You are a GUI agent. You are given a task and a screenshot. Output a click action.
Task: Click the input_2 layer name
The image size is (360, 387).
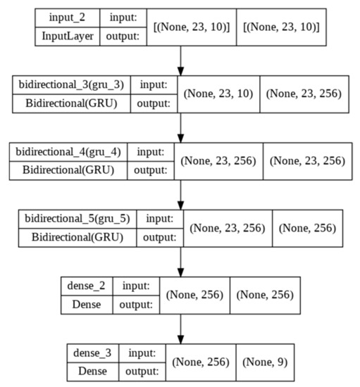click(x=68, y=17)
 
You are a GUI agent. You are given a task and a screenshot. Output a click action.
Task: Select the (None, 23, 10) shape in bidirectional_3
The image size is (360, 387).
click(x=219, y=94)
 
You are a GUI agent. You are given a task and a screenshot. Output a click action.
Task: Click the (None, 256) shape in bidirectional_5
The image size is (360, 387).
click(x=308, y=229)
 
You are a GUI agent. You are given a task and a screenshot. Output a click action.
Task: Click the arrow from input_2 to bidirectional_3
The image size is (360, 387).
click(x=181, y=60)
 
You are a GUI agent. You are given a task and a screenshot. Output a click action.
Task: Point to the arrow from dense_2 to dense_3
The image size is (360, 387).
click(x=181, y=329)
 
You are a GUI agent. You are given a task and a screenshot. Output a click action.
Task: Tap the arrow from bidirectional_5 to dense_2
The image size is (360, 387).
click(x=181, y=262)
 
